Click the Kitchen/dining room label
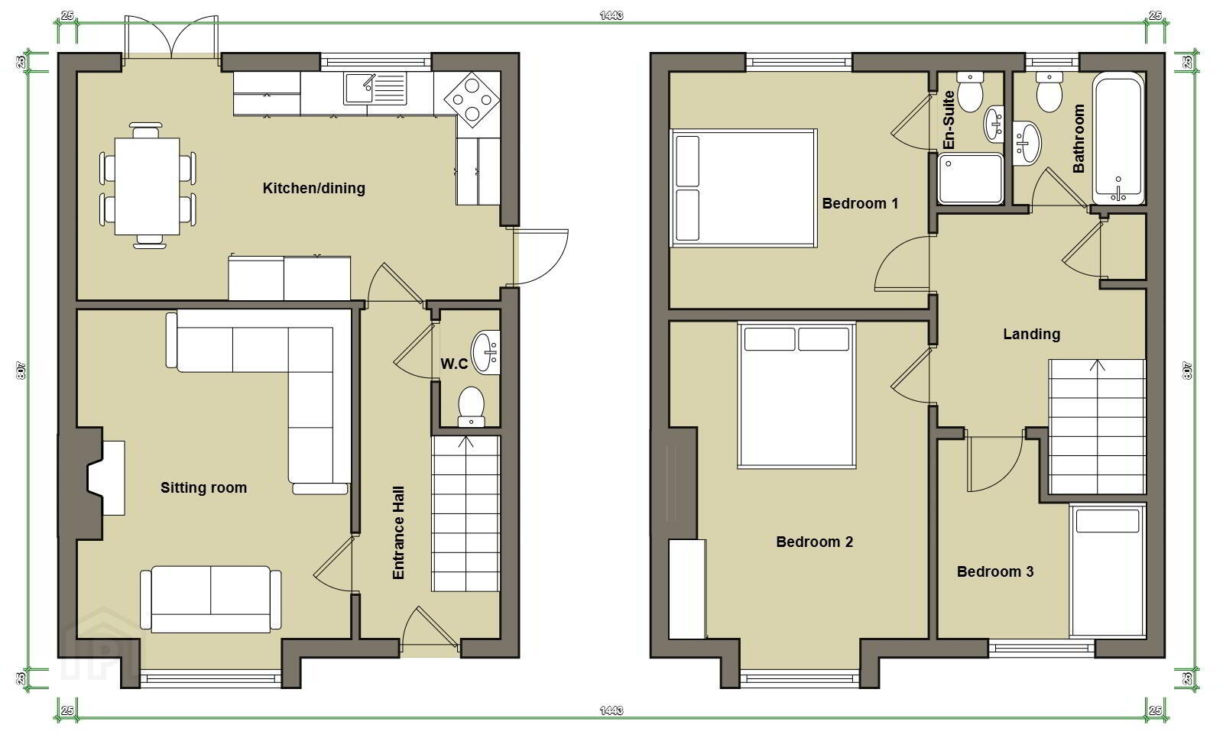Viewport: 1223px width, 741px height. pyautogui.click(x=314, y=188)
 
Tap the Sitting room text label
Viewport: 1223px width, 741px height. pyautogui.click(x=203, y=487)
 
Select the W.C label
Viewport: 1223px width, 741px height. pyautogui.click(x=454, y=364)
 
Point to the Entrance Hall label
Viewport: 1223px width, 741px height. pyautogui.click(x=398, y=533)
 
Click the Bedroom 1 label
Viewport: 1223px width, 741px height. pyautogui.click(x=860, y=203)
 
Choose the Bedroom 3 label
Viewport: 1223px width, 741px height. pyautogui.click(x=995, y=571)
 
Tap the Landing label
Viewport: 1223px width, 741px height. pyautogui.click(x=1032, y=334)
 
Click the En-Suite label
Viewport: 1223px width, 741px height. pyautogui.click(x=949, y=120)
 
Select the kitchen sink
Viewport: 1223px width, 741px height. pyautogui.click(x=375, y=89)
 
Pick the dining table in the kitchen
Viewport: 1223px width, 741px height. pyautogui.click(x=148, y=186)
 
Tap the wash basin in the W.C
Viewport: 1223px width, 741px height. pyautogui.click(x=486, y=352)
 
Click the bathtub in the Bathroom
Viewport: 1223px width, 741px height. pyautogui.click(x=1118, y=138)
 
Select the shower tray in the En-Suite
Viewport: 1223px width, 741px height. pyautogui.click(x=971, y=179)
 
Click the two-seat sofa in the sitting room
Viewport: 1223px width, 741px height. pyautogui.click(x=211, y=600)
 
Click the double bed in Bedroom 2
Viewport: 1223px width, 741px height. pyautogui.click(x=796, y=396)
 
